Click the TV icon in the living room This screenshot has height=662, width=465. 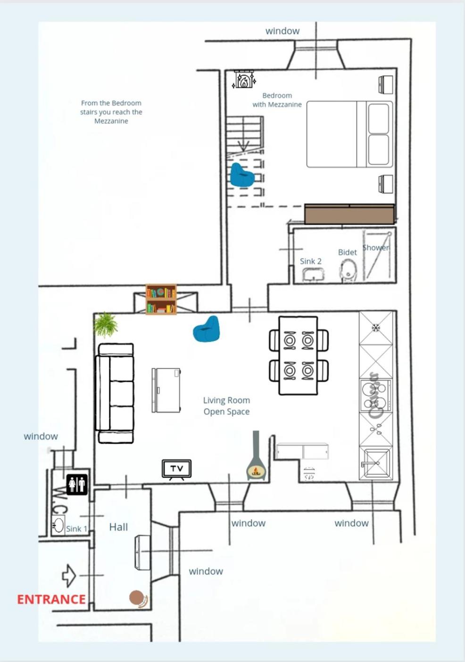(x=177, y=469)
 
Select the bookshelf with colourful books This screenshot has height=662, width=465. (x=161, y=299)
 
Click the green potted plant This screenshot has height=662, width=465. (x=106, y=325)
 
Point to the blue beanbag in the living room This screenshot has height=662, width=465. (x=207, y=329)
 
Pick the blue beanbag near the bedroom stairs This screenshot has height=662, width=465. (x=242, y=175)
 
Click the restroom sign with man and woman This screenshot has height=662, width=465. (x=77, y=485)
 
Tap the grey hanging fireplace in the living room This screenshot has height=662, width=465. (x=256, y=455)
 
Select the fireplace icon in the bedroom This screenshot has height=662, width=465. (x=244, y=79)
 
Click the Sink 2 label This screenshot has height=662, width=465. (x=310, y=261)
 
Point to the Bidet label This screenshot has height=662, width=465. (x=348, y=252)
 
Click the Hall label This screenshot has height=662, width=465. (x=118, y=527)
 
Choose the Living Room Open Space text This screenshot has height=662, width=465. (x=226, y=406)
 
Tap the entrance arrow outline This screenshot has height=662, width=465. (x=69, y=576)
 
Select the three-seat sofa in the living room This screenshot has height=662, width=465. (x=114, y=394)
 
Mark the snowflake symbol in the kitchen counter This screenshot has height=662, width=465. (x=376, y=328)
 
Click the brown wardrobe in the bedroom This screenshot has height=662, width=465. (x=349, y=214)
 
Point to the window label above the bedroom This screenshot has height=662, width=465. (x=282, y=31)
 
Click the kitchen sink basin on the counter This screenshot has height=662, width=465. (x=376, y=463)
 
